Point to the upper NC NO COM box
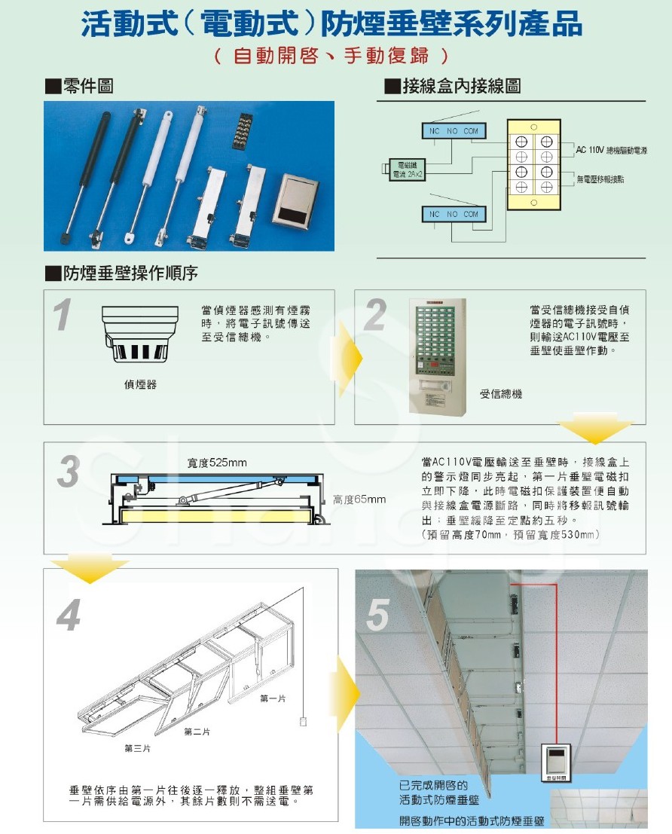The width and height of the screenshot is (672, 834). click(453, 131)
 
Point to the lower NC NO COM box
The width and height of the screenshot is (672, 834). click(453, 215)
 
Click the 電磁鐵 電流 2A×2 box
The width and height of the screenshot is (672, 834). click(408, 170)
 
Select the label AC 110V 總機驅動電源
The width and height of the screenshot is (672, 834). click(611, 151)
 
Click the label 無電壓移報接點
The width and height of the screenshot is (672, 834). click(600, 179)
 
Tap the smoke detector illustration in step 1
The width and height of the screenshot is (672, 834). click(139, 335)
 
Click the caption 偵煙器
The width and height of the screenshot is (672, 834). click(140, 385)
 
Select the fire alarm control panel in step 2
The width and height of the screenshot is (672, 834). click(437, 356)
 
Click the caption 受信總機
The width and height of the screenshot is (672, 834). click(500, 395)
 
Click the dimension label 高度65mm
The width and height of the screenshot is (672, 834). click(359, 499)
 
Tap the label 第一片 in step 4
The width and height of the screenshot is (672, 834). click(272, 699)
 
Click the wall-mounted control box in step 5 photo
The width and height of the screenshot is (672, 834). click(557, 760)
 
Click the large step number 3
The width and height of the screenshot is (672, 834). click(69, 473)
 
